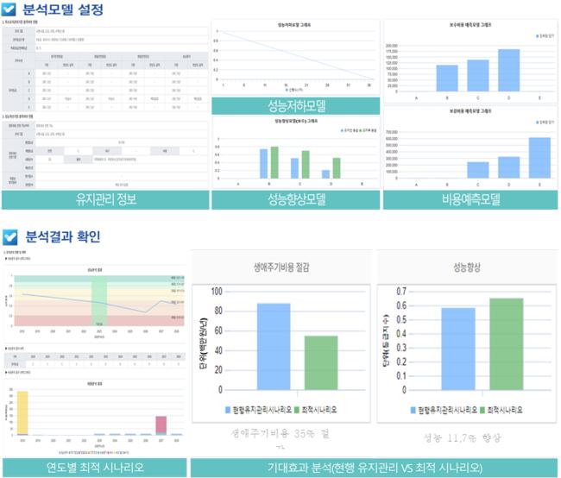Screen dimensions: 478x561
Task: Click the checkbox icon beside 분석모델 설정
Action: pos(10,11)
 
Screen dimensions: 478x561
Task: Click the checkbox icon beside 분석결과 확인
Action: pos(10,236)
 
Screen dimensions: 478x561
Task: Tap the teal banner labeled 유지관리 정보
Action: pos(104,200)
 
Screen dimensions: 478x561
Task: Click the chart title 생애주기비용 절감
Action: pos(280,266)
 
